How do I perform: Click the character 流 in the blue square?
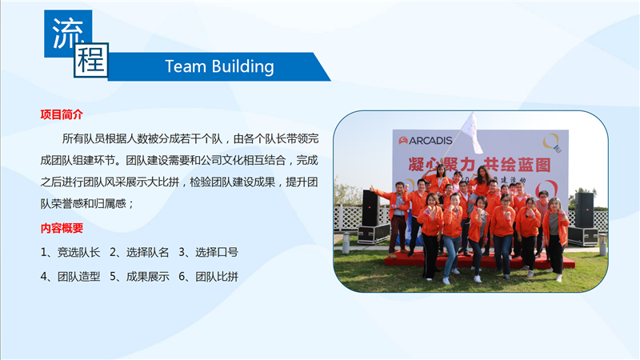(x=68, y=34)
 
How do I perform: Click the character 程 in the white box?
(x=91, y=60)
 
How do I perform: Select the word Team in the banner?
(x=185, y=66)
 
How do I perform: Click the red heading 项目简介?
(x=62, y=114)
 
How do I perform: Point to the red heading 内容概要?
(x=62, y=228)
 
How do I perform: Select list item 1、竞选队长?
(x=70, y=253)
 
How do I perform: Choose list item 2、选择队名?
(x=139, y=253)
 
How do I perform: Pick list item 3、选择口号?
(x=208, y=253)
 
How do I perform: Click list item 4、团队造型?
(x=70, y=277)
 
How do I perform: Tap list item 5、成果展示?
(x=139, y=277)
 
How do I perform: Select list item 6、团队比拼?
(x=208, y=277)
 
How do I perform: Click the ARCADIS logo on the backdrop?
(x=426, y=141)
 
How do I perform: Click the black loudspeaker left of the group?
(x=370, y=208)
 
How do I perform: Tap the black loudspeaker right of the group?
(x=584, y=210)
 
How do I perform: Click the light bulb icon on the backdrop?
(x=552, y=143)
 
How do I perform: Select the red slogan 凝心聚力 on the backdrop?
(x=442, y=165)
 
